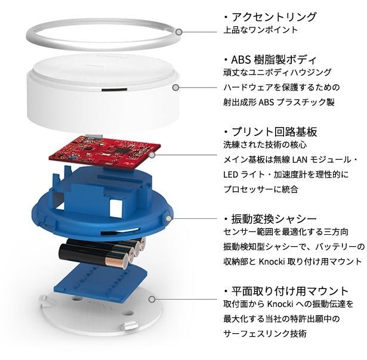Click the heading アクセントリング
pyautogui.click(x=274, y=17)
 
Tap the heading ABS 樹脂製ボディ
pyautogui.click(x=274, y=60)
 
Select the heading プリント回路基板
pyautogui.click(x=274, y=132)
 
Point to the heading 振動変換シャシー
pyautogui.click(x=274, y=219)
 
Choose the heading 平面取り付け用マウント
pyautogui.click(x=290, y=291)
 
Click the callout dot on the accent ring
pyautogui.click(x=179, y=32)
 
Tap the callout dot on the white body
pyautogui.click(x=176, y=88)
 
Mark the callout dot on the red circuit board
pyautogui.click(x=152, y=155)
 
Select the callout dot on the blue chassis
pyautogui.click(x=169, y=219)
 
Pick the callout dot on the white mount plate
pyautogui.click(x=152, y=299)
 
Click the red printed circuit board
pyautogui.click(x=104, y=152)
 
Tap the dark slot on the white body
pyautogui.click(x=114, y=89)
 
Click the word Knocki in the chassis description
pyautogui.click(x=272, y=261)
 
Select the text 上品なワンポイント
pyautogui.click(x=260, y=30)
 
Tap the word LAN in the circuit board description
pyautogui.click(x=300, y=160)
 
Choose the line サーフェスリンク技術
pyautogui.click(x=265, y=334)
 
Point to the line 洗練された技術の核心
pyautogui.click(x=265, y=145)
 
